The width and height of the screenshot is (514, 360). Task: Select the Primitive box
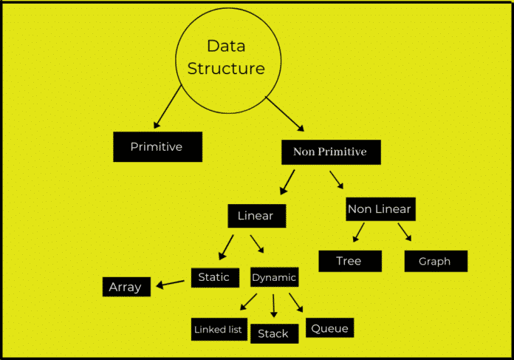(157, 147)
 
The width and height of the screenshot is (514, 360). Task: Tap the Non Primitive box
(329, 152)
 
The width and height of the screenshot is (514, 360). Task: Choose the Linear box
(256, 217)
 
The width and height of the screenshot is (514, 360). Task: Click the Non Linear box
(380, 209)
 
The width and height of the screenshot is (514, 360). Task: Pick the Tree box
(349, 261)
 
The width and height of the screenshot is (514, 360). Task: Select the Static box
(214, 278)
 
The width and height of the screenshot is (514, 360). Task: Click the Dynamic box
(274, 278)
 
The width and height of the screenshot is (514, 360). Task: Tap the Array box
(126, 287)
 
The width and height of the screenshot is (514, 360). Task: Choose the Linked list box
(218, 330)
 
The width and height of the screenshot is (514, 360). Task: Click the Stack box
(273, 333)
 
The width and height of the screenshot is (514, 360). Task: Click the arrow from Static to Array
(170, 283)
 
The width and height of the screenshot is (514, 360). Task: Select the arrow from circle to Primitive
(167, 108)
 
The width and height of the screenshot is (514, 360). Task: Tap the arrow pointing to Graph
(405, 233)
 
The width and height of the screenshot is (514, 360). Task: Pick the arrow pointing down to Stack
(273, 306)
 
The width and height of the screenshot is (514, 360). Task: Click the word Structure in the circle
(226, 69)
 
